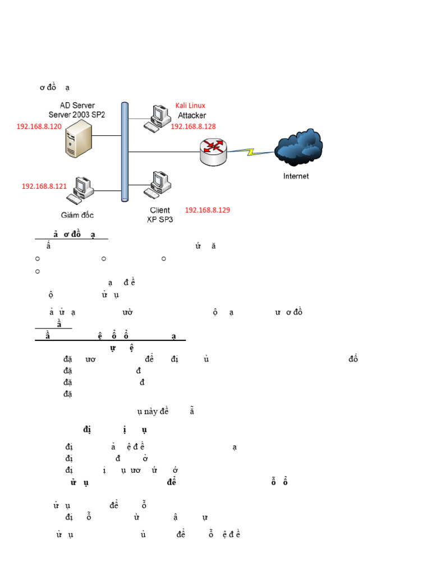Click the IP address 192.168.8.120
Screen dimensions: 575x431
39,127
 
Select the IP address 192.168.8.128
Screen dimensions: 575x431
193,127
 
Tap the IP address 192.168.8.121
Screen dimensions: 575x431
44,186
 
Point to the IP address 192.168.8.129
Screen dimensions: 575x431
207,210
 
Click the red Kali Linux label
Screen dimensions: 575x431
190,106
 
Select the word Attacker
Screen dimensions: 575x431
192,116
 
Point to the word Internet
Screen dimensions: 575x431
296,176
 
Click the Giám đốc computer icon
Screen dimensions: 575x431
80,190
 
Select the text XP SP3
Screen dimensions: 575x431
160,220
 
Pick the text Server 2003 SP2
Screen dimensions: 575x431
77,115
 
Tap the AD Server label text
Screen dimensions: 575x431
77,105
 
